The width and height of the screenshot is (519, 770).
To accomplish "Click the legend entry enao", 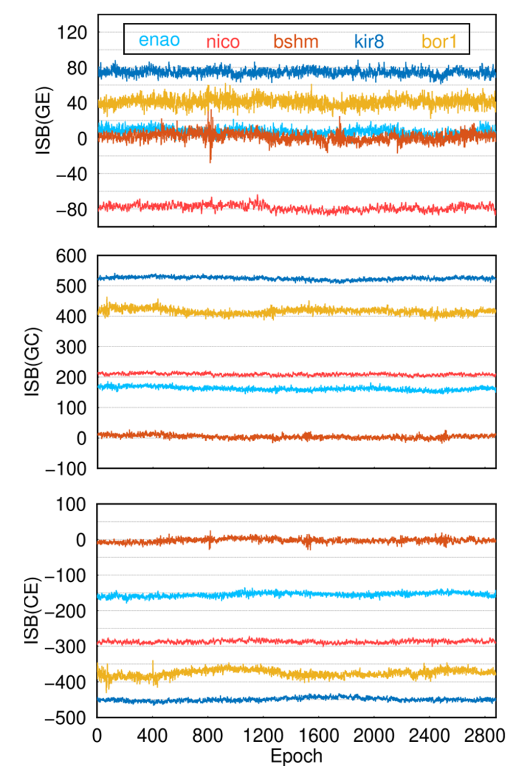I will pos(159,40).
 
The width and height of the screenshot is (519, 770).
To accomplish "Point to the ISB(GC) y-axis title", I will pos(32,362).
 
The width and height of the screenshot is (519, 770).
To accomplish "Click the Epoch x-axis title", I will pos(296,756).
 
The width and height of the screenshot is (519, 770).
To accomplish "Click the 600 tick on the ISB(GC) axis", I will pos(71,256).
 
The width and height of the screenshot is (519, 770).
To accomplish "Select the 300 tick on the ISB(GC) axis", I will pos(71,347).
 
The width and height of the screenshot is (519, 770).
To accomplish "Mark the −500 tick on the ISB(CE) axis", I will pos(66,719).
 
